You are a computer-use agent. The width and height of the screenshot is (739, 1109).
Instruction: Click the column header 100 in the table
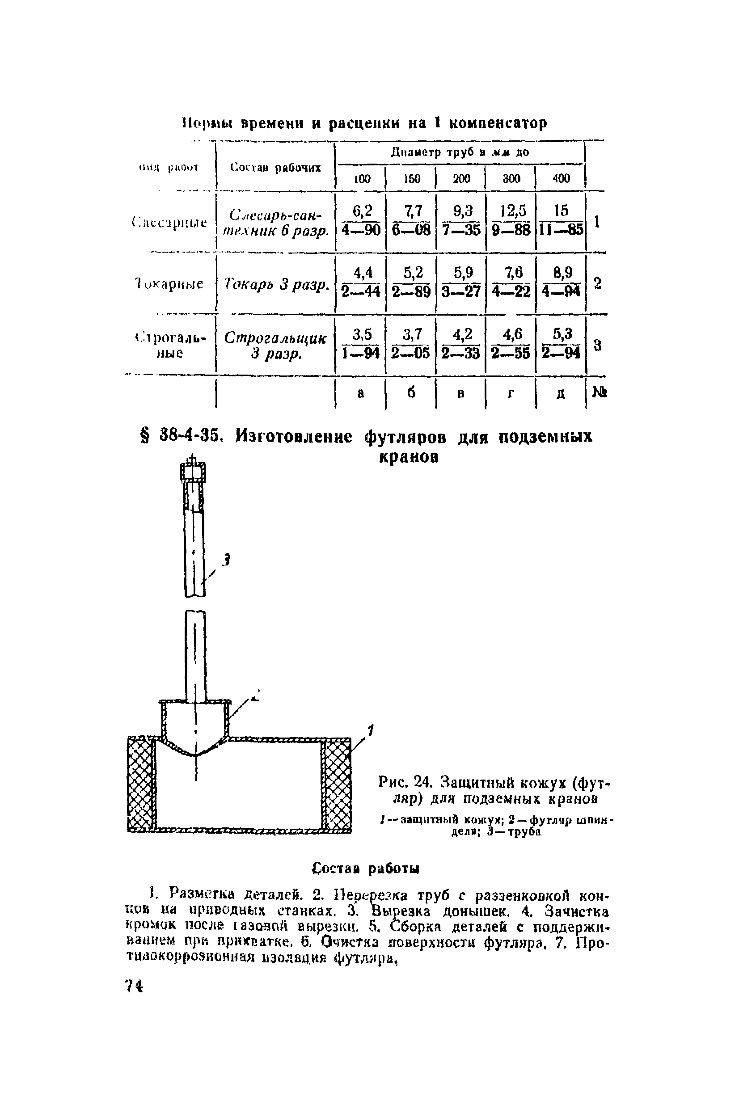click(362, 178)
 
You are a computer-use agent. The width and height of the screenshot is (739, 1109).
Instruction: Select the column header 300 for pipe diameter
click(511, 178)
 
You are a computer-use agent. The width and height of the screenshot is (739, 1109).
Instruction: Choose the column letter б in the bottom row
click(411, 393)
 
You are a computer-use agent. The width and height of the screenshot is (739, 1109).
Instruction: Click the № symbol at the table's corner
click(599, 392)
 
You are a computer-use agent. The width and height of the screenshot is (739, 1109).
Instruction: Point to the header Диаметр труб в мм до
click(460, 152)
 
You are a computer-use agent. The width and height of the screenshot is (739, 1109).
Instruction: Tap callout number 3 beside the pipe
click(226, 560)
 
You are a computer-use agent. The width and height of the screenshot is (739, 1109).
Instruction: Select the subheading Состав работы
click(366, 868)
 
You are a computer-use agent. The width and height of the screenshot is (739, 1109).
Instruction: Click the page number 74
click(133, 986)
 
